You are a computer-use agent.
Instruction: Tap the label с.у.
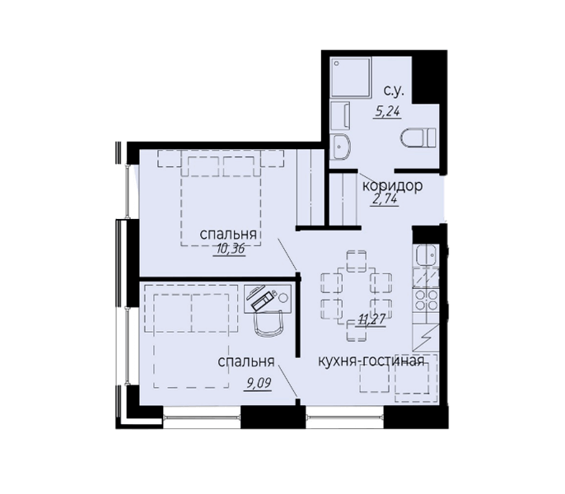(393, 92)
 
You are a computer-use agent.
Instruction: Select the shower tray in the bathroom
(348, 78)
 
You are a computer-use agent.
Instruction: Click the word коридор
(392, 186)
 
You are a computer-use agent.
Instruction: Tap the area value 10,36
(231, 249)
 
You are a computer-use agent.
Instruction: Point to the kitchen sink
(427, 258)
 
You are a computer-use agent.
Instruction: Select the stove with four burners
(427, 300)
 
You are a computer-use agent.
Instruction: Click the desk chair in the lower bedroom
(269, 325)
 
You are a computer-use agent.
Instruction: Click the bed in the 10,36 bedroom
(221, 198)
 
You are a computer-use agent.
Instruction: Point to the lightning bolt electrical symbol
(427, 341)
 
